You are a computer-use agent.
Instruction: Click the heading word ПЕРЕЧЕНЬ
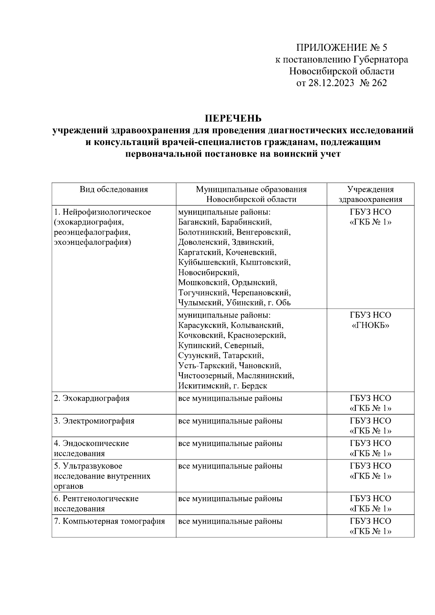click(233, 119)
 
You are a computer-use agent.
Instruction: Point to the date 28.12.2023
click(331, 83)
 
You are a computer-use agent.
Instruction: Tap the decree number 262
click(379, 83)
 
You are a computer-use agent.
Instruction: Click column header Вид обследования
click(114, 189)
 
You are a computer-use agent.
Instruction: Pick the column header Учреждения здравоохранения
click(370, 194)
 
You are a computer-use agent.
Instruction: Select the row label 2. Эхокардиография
click(92, 399)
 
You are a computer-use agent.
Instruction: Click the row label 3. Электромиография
click(94, 421)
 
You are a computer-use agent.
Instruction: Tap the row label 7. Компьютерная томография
click(109, 521)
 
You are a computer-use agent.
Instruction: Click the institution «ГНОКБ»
click(370, 325)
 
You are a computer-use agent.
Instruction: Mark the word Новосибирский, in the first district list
click(208, 272)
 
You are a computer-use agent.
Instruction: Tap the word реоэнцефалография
click(92, 232)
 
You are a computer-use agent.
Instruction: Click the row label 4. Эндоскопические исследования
click(91, 448)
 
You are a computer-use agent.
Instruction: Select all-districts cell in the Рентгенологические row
click(230, 499)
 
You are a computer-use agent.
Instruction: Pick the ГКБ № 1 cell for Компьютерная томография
click(370, 526)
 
